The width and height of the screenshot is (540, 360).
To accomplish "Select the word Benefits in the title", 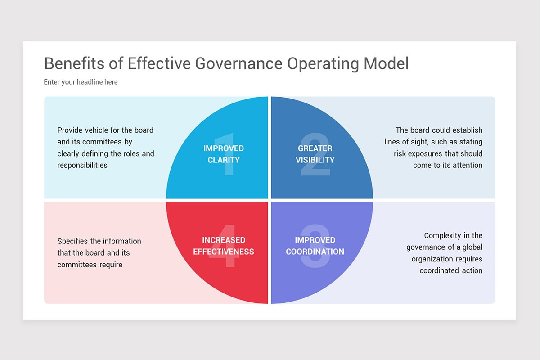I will [x=71, y=64].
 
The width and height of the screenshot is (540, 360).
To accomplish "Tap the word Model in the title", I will [x=386, y=64].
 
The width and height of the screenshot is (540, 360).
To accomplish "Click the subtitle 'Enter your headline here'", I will [x=81, y=82].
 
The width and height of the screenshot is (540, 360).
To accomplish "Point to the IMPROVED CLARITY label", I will [x=224, y=154].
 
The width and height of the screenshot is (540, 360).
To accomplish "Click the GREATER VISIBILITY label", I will [x=315, y=154].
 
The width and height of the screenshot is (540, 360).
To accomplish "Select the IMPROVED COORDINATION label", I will [x=315, y=246].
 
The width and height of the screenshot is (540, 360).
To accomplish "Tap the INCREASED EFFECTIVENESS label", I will [x=224, y=246].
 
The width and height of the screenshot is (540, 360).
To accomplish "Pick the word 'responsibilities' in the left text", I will [x=82, y=165].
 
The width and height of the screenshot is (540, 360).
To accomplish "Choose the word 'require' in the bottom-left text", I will [x=110, y=265].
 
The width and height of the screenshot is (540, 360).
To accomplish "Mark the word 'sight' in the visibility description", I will [x=414, y=142].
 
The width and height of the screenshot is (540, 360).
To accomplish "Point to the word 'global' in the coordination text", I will [x=471, y=247].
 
